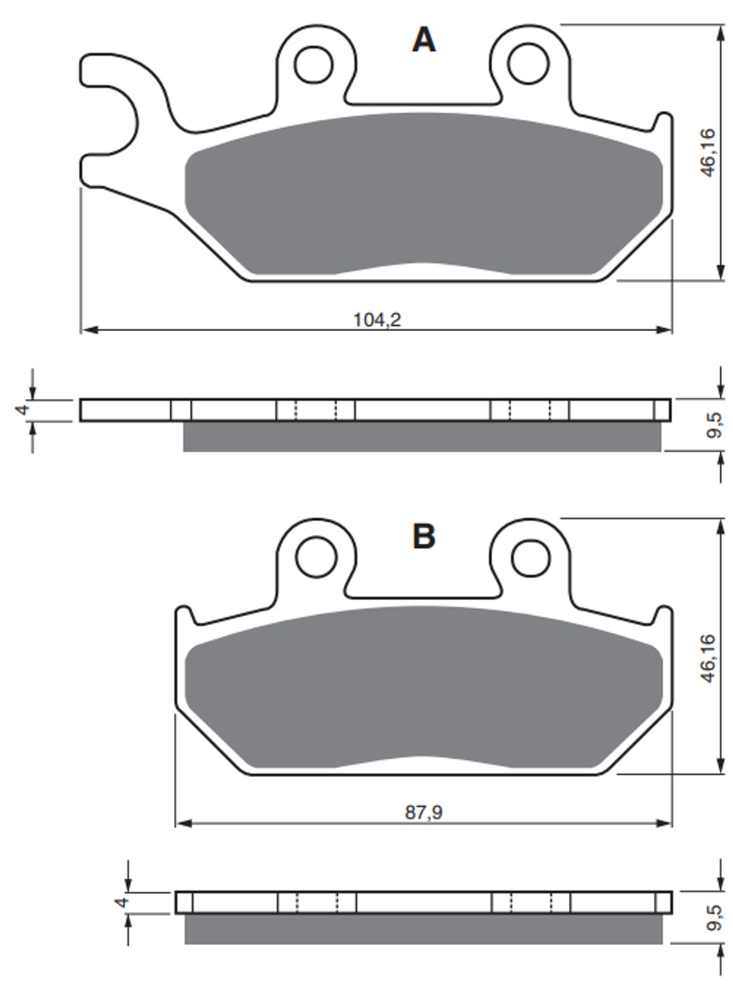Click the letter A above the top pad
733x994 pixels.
424,40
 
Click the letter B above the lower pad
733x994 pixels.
424,537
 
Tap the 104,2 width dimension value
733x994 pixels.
377,320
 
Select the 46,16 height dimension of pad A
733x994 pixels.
708,152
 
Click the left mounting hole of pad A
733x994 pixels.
314,65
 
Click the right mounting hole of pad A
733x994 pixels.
528,63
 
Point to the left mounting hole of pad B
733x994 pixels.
316,558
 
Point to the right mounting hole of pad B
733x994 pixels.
530,559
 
